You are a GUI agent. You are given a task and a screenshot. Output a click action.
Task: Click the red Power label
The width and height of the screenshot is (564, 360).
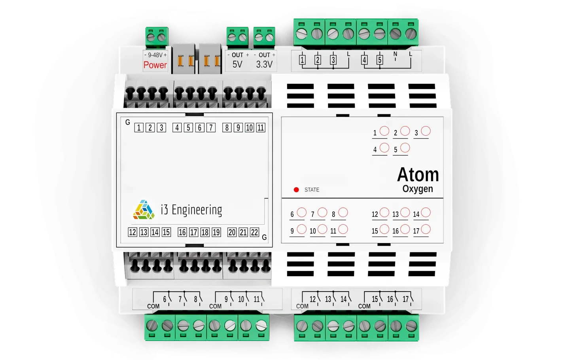click(x=155, y=65)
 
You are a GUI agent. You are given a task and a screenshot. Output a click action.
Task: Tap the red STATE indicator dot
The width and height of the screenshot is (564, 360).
click(x=296, y=190)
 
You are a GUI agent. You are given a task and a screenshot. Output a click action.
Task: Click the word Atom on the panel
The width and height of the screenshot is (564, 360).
click(x=418, y=174)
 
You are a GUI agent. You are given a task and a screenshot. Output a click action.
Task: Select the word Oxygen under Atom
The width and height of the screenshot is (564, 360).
click(x=418, y=189)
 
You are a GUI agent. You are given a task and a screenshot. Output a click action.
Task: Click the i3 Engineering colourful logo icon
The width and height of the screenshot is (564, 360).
click(x=144, y=210)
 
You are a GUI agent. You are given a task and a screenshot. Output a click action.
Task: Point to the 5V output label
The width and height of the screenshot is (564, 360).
click(x=237, y=64)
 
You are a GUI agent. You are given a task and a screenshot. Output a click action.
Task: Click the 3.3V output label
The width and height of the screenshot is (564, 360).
click(x=264, y=64)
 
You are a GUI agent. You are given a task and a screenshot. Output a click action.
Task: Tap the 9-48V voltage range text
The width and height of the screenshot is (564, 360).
click(x=155, y=55)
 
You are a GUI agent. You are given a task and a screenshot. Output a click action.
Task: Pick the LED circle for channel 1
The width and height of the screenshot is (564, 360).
click(x=384, y=131)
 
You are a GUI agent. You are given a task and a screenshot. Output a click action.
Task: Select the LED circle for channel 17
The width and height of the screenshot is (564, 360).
click(x=426, y=229)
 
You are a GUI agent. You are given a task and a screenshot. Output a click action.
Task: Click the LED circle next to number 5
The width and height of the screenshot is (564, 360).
click(x=405, y=148)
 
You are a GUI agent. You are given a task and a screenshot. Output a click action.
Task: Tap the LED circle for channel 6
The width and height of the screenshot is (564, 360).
click(x=301, y=212)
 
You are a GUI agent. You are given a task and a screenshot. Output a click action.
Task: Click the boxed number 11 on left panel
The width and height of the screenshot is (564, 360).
click(x=261, y=128)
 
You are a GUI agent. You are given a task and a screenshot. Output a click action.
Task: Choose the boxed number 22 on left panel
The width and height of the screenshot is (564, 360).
click(x=255, y=232)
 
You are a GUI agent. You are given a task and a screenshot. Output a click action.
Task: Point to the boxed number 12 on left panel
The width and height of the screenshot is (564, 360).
click(x=132, y=232)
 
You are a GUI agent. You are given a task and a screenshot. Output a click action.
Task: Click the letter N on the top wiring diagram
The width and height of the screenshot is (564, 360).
click(x=395, y=54)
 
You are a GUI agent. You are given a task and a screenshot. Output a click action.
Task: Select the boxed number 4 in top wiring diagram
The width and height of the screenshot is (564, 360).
click(x=364, y=60)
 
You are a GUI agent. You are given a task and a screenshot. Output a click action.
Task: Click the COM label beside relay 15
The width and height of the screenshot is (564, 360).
click(x=364, y=306)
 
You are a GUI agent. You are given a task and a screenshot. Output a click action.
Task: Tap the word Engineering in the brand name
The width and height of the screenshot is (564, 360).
click(x=197, y=210)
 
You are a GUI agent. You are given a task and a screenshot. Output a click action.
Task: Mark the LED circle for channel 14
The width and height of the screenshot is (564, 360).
click(x=426, y=212)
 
